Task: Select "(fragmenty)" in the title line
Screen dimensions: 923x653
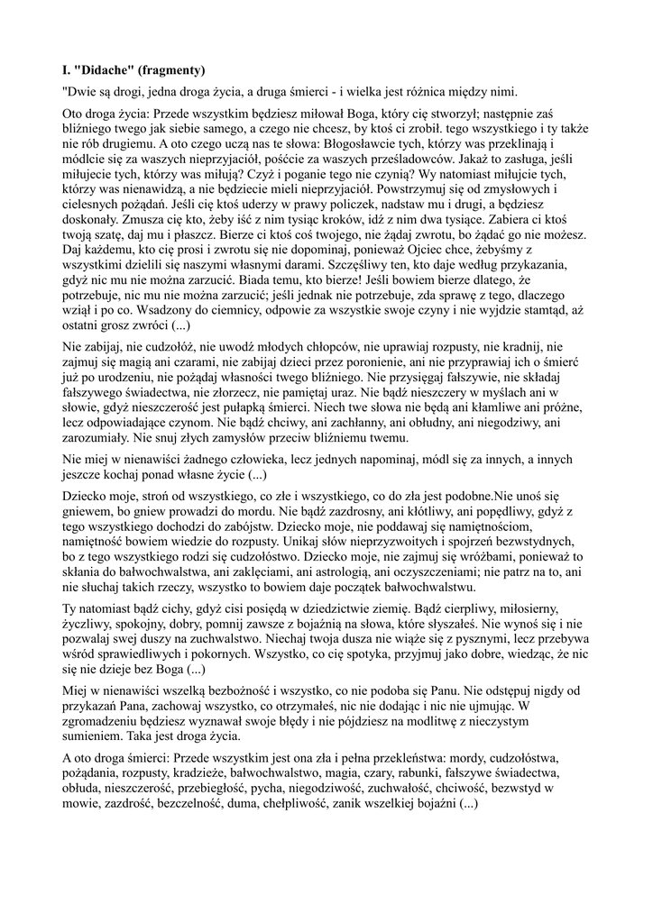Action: tap(175, 69)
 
